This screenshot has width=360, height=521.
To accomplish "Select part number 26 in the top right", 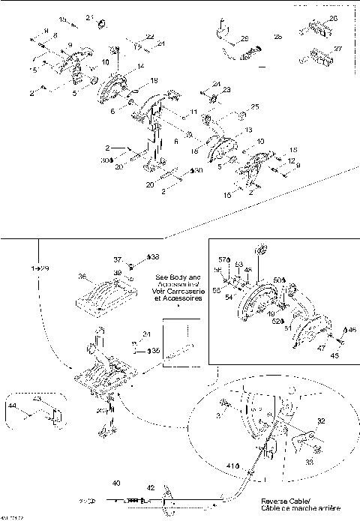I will [x=334, y=18].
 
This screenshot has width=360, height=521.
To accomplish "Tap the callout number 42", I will [x=150, y=487].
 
